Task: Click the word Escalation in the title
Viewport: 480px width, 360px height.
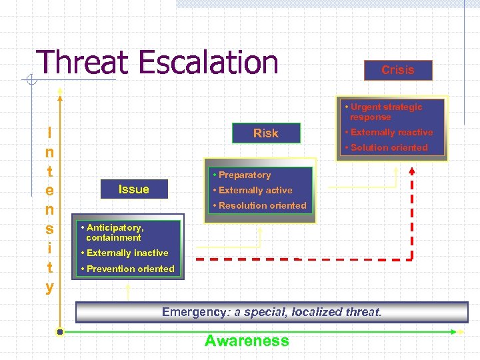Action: (x=209, y=63)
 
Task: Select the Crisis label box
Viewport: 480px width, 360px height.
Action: (x=398, y=70)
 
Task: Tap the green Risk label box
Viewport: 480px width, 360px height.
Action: (x=266, y=133)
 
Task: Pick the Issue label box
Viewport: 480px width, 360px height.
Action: (x=133, y=189)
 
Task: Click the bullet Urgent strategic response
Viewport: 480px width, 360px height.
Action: (x=386, y=111)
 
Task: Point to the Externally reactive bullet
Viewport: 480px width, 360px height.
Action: (x=391, y=132)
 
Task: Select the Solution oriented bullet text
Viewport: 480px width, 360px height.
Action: (x=389, y=147)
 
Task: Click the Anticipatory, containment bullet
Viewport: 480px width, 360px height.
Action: (x=114, y=232)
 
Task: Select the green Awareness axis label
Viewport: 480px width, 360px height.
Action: (x=247, y=341)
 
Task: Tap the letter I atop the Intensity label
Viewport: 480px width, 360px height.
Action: (x=50, y=132)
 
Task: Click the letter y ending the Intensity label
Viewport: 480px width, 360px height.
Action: (x=50, y=287)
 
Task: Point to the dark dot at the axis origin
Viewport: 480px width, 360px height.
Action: (x=60, y=331)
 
